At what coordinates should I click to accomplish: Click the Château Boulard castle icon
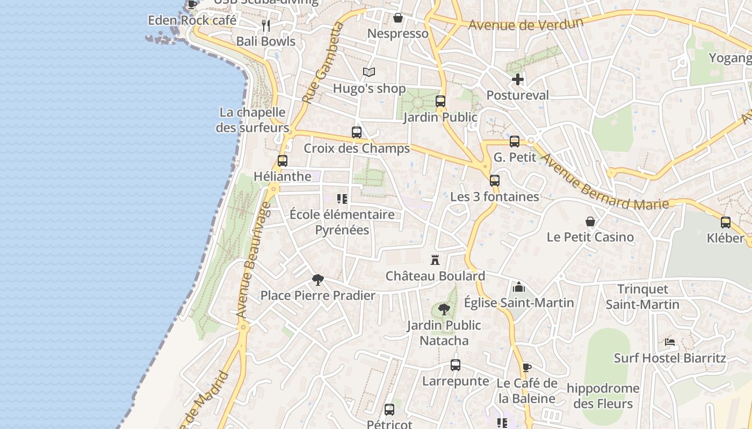tap(435, 261)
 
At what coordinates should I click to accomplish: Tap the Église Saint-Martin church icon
tap(519, 287)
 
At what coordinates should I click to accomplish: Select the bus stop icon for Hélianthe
tap(283, 161)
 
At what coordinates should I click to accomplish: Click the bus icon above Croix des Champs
tap(357, 132)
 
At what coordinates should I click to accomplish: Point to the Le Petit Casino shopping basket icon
tap(590, 221)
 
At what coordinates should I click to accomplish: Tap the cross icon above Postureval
tap(518, 80)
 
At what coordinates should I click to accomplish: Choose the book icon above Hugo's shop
tap(368, 72)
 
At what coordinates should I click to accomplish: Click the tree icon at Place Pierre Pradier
tap(318, 280)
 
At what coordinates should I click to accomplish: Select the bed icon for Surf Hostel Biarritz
tap(670, 342)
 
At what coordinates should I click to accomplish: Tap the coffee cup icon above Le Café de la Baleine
tap(526, 368)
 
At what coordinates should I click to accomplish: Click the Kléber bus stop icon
tap(726, 223)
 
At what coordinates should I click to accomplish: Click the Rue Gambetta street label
tap(322, 63)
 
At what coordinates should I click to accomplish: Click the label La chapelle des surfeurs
tap(252, 120)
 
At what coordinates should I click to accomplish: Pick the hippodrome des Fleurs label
tap(603, 396)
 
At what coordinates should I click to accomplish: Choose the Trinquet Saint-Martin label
tap(642, 297)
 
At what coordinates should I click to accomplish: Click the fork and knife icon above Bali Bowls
tap(266, 25)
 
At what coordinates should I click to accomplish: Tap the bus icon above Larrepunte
tap(455, 366)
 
